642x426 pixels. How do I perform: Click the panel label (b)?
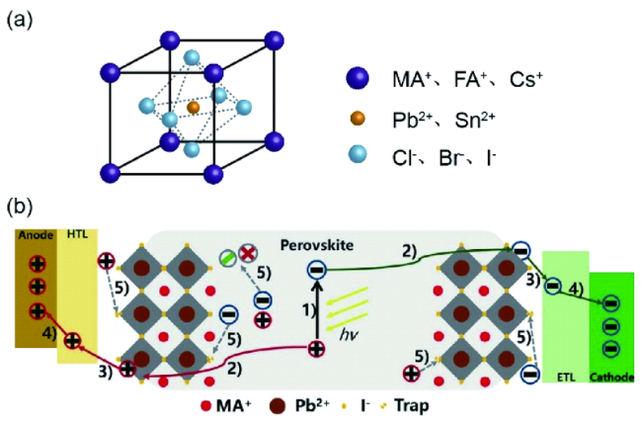click(x=23, y=208)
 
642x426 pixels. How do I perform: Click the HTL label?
click(x=74, y=236)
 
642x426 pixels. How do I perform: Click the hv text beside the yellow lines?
click(x=347, y=335)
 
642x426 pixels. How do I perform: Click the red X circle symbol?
click(x=249, y=253)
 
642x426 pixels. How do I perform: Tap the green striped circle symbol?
click(x=228, y=261)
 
